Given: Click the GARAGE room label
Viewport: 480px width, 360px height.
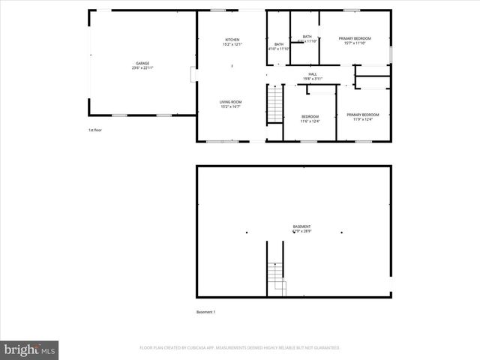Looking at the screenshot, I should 142,63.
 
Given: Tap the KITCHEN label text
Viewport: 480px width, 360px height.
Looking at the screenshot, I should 232,40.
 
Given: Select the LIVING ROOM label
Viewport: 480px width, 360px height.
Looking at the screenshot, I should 230,102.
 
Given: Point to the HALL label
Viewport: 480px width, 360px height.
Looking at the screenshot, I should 312,73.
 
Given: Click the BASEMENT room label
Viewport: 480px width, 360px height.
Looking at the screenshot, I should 301,226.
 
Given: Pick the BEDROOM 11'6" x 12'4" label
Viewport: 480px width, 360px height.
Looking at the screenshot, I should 310,116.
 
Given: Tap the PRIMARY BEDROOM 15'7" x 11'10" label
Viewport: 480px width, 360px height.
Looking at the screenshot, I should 355,38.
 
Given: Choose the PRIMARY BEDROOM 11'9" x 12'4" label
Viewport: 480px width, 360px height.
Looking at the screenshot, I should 362,115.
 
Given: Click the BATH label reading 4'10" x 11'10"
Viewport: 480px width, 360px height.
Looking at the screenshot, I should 279,45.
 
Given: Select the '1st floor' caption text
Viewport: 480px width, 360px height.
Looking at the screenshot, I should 95,130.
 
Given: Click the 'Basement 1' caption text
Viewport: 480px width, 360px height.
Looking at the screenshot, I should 205,312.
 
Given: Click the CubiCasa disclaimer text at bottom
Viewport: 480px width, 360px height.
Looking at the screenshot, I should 240,348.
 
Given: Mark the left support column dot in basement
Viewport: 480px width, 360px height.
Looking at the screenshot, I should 246,232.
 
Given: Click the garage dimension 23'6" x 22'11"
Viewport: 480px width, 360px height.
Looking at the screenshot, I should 142,68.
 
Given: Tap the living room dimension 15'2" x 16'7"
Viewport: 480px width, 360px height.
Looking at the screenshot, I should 230,107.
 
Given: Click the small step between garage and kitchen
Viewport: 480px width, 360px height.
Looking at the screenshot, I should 193,75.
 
